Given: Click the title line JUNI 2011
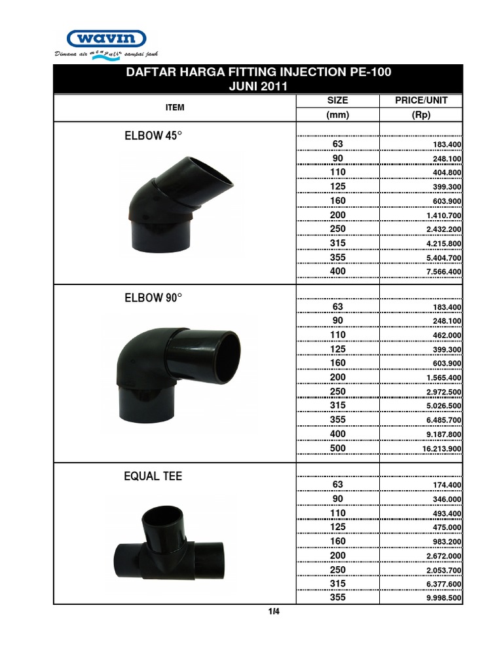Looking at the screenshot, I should click(x=258, y=86).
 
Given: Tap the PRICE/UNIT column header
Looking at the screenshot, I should click(x=420, y=101).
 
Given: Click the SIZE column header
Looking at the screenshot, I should click(x=337, y=101).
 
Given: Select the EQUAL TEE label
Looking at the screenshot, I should click(x=153, y=476).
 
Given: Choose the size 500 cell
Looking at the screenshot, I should click(x=338, y=448).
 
